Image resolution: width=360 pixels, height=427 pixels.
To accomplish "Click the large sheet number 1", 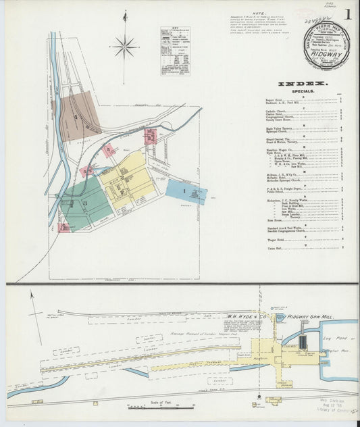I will click(x=347, y=14).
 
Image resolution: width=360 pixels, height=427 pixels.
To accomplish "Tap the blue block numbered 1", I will click(x=185, y=191).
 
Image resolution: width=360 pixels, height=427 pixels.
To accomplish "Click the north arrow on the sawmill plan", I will click(x=31, y=303).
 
